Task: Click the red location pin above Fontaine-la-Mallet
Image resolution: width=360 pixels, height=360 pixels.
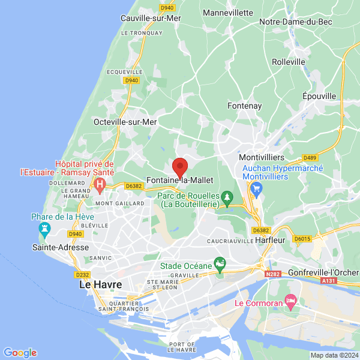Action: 180,167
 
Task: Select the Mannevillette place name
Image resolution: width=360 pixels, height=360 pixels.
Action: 228,12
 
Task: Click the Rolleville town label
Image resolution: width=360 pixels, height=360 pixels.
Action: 288,62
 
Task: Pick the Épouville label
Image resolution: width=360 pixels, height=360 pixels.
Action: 319,96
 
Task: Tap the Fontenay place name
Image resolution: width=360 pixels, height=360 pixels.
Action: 245,106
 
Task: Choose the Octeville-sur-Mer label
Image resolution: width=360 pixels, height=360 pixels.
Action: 125,121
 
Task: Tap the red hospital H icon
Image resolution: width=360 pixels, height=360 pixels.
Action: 101,183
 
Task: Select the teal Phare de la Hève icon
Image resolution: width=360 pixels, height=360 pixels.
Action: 43,229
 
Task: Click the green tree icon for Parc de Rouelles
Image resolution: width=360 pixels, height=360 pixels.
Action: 227,196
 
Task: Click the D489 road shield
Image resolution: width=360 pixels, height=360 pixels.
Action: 310,158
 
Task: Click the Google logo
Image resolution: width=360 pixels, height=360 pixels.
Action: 20,353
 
